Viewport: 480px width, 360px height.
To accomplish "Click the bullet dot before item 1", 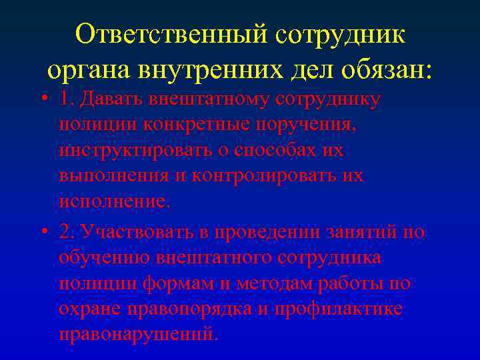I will click(43, 99).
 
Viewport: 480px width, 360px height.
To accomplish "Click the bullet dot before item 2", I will click(43, 232).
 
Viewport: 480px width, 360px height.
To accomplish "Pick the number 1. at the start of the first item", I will click(65, 99).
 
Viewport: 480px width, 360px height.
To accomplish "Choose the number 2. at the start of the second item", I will click(65, 232).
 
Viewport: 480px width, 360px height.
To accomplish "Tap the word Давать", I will click(111, 99).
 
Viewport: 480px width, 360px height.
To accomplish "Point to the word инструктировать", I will click(139, 150).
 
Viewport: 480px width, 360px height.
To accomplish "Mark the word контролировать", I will click(274, 176).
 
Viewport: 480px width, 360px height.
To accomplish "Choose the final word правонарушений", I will click(137, 333).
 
